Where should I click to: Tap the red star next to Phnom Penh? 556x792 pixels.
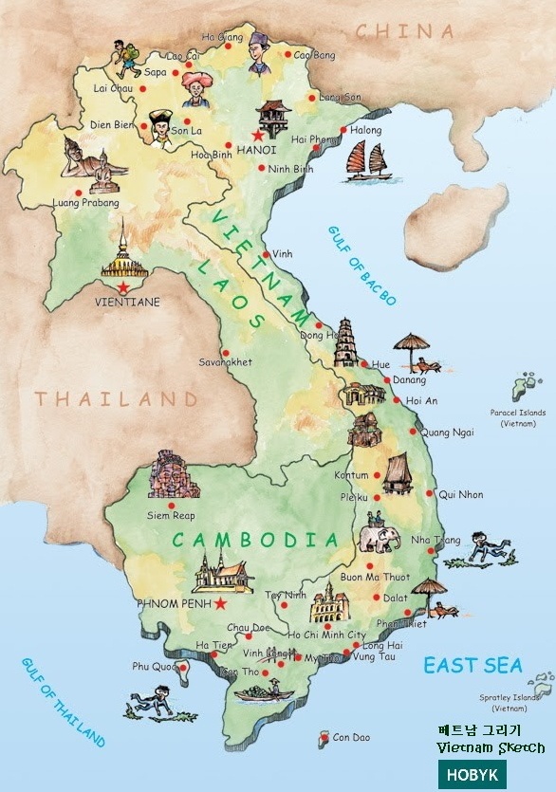220,603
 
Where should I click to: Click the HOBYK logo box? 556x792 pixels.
472,774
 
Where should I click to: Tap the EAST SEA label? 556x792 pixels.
473,665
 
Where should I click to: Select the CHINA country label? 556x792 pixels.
405,31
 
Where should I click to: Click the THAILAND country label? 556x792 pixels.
118,398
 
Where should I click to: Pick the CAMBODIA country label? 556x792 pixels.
254,541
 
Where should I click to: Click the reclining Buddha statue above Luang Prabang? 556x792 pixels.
91,162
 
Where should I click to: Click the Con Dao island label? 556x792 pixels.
351,737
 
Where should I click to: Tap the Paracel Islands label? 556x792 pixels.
518,418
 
